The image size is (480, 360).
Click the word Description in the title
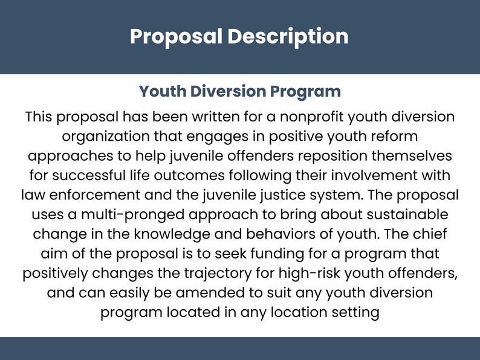coord(288,36)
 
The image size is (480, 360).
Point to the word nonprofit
coord(281,116)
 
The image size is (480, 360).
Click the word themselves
coord(410,155)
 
